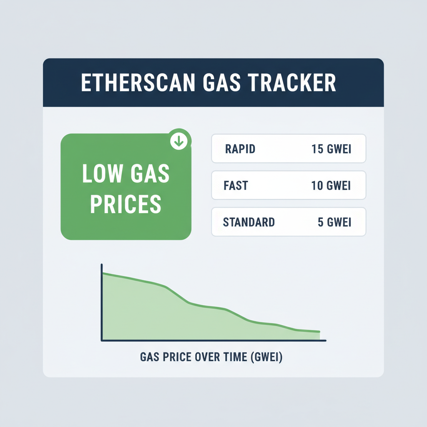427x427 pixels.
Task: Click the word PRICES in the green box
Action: click(x=126, y=204)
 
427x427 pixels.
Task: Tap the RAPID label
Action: click(x=240, y=148)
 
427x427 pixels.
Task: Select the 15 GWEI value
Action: click(x=331, y=148)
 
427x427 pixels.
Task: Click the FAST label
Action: click(x=236, y=185)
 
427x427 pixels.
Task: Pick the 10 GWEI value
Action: click(x=331, y=185)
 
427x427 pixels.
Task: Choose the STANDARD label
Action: click(x=249, y=222)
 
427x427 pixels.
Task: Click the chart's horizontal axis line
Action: click(x=213, y=341)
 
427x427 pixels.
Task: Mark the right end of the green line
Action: click(x=319, y=332)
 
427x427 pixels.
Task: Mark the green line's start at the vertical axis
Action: click(x=103, y=273)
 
